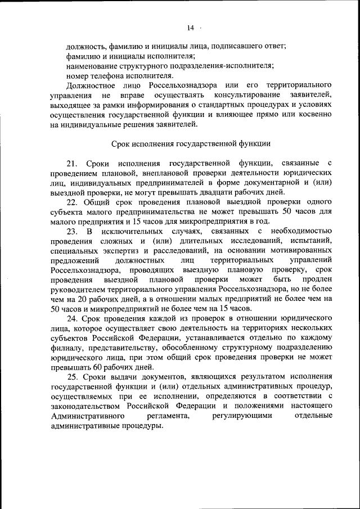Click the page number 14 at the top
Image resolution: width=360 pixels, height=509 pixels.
tap(191, 28)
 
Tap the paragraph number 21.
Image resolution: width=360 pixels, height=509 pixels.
tap(71, 163)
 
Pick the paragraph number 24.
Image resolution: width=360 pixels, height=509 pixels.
tap(71, 318)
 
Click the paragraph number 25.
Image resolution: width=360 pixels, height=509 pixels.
tap(71, 376)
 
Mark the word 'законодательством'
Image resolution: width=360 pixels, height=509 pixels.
tap(86, 405)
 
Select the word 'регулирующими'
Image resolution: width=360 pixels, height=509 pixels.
tap(242, 415)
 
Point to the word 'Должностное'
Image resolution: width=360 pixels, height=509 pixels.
tap(89, 85)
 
